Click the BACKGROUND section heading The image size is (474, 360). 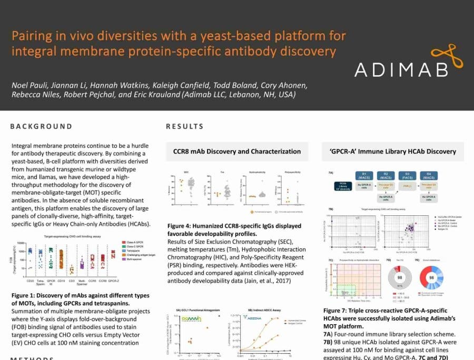[41, 126]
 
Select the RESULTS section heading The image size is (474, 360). [185, 126]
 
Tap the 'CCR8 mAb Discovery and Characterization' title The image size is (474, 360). [237, 152]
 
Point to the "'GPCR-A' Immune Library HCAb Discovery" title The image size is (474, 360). [393, 152]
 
